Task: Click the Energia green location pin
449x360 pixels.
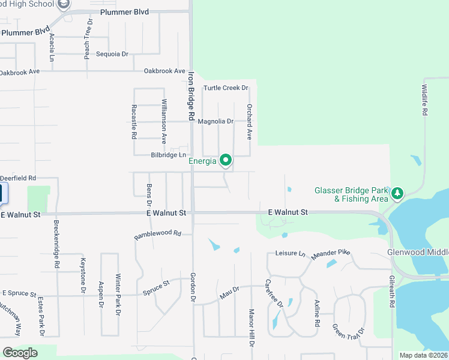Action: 226,160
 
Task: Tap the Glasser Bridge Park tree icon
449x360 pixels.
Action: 397,193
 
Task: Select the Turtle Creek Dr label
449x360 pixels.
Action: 225,88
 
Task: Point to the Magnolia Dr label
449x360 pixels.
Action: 215,122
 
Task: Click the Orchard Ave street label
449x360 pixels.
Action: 249,121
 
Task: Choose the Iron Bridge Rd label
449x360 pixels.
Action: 191,95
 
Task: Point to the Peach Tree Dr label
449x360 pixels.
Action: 88,38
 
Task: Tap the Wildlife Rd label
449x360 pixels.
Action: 424,100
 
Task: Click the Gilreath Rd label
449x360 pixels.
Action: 391,292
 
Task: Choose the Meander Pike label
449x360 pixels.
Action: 330,254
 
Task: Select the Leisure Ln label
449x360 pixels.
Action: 291,254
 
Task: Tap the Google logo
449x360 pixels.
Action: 20,353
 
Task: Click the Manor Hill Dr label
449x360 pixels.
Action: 252,328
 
